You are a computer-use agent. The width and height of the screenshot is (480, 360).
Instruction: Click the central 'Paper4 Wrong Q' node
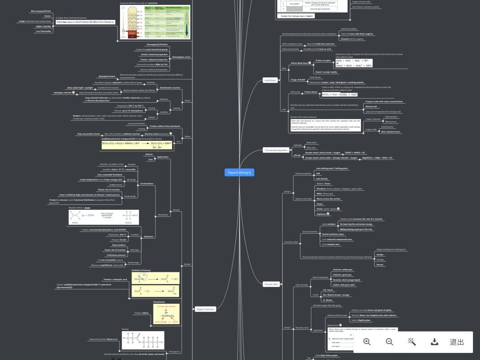(239, 172)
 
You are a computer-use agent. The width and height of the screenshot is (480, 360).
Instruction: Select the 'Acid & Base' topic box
(270, 80)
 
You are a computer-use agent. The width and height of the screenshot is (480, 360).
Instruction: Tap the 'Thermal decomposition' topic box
(276, 150)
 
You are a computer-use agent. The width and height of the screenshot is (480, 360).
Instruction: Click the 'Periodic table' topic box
(272, 284)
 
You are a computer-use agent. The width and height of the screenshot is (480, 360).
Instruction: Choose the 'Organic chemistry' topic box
(205, 309)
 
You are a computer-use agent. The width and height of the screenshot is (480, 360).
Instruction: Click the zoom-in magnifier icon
(367, 341)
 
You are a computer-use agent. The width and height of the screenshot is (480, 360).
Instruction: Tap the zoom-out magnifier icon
(389, 341)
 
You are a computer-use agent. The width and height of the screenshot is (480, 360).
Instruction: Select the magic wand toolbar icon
(412, 341)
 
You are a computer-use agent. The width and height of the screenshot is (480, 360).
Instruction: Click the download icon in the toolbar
(435, 341)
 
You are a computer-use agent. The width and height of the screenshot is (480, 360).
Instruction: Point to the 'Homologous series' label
(181, 57)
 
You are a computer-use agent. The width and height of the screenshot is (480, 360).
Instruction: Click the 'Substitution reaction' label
(170, 88)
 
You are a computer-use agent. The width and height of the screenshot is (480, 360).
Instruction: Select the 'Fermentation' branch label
(147, 184)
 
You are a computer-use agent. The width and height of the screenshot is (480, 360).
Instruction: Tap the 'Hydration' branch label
(148, 236)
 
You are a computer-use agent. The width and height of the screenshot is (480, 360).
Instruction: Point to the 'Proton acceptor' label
(323, 60)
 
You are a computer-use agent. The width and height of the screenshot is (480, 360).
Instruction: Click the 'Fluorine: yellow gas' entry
(342, 269)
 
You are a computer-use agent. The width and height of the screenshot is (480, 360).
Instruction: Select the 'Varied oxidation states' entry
(333, 234)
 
